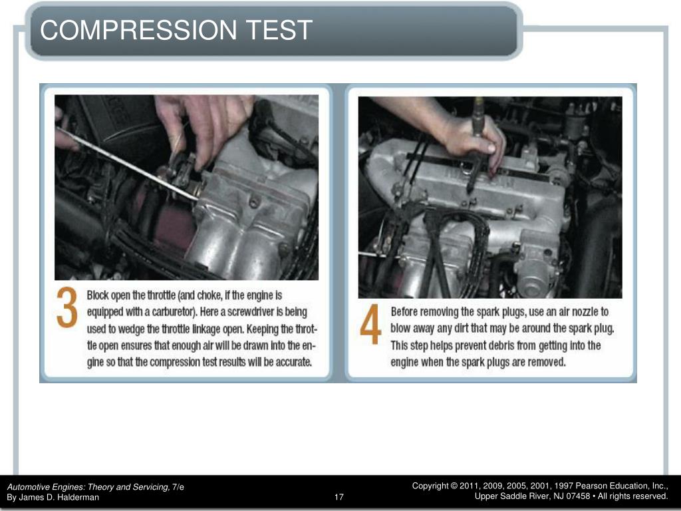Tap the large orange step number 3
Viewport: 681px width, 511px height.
67,308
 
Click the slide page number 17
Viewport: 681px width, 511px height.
339,497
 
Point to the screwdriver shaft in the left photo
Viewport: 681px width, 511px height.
133,163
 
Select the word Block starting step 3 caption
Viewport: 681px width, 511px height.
100,294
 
